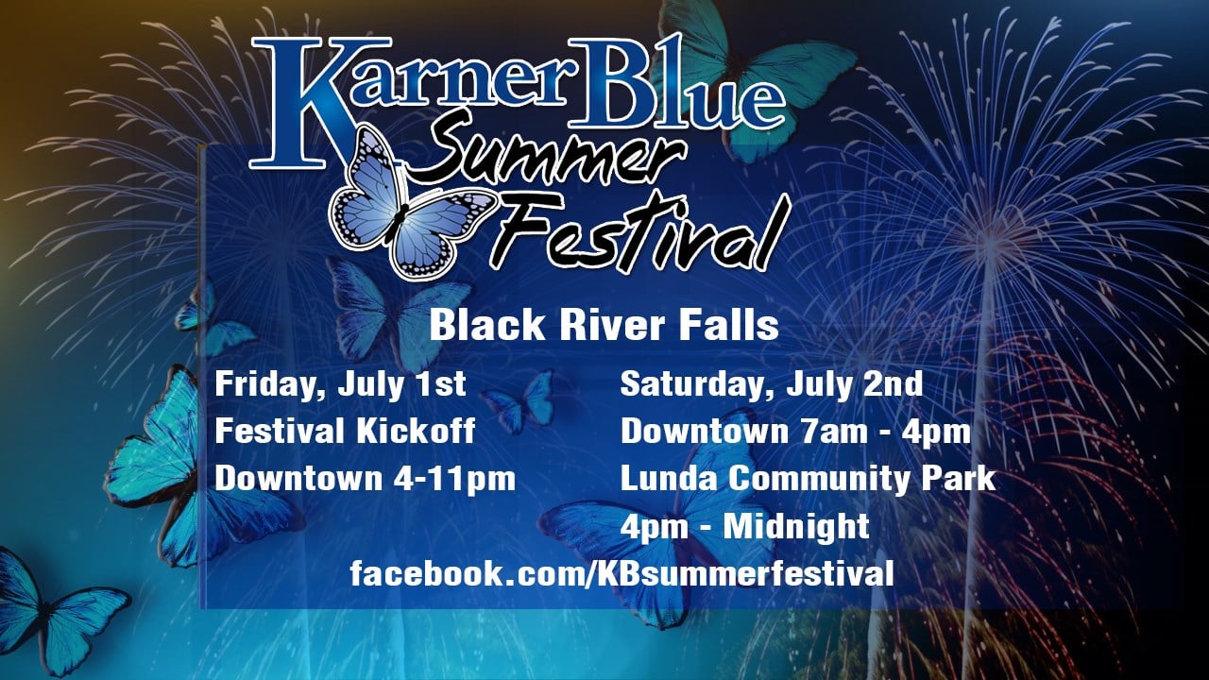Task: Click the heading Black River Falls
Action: click(604, 325)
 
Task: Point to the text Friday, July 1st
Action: click(340, 384)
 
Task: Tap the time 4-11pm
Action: click(454, 478)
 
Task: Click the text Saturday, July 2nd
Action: click(772, 384)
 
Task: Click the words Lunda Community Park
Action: click(808, 478)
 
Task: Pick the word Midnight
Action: click(796, 526)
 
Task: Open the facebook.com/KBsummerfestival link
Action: click(622, 572)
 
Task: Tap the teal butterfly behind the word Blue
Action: click(756, 76)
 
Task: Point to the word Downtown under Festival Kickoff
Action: click(298, 478)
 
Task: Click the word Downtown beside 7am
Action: click(705, 432)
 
